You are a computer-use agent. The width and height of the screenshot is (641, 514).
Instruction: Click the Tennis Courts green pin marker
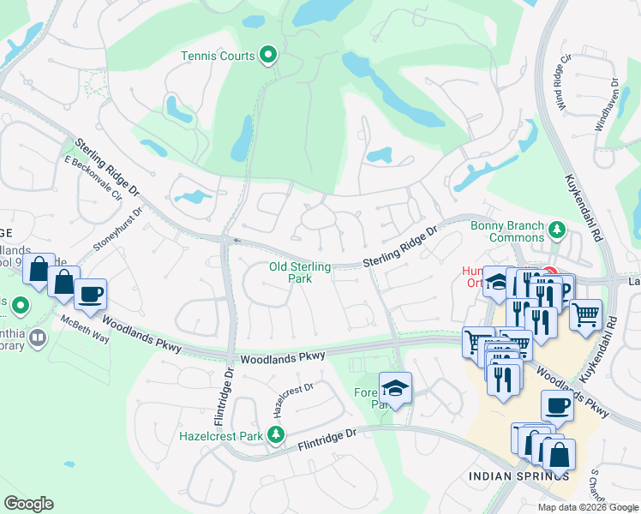click(268, 56)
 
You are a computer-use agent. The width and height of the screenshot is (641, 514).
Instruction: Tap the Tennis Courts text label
click(218, 57)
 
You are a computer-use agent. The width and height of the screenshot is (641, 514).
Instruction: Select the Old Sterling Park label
click(301, 272)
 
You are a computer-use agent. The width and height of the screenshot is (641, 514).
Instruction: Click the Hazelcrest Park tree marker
click(276, 436)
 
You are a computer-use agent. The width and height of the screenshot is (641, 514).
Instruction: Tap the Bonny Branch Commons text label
click(506, 232)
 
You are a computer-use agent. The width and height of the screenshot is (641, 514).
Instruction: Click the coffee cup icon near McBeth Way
click(90, 295)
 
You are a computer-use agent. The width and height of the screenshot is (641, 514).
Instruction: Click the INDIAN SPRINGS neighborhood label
click(518, 476)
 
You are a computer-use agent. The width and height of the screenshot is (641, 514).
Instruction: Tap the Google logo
click(28, 504)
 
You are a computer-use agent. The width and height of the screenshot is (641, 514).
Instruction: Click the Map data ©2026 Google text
click(587, 507)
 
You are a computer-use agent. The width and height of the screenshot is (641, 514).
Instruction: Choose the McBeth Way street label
click(84, 330)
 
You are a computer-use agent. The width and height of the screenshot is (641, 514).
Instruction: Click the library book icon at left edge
click(37, 338)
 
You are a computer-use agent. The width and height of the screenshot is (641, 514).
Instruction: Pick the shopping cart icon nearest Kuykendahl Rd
click(585, 315)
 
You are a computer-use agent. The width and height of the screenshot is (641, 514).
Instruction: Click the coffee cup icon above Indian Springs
click(557, 406)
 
